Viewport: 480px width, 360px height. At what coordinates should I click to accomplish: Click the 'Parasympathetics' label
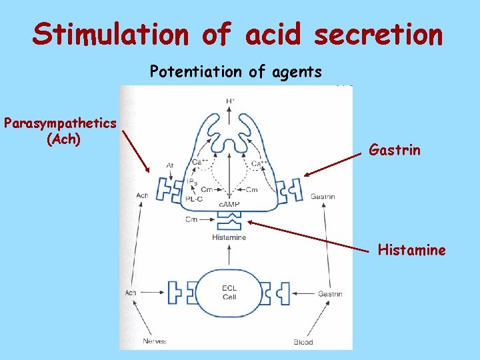[61, 123]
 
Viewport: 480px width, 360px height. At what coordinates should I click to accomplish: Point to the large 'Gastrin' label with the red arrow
[395, 149]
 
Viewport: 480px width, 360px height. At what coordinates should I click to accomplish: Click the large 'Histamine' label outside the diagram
[412, 250]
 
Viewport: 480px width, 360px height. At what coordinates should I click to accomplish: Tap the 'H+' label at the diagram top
[230, 101]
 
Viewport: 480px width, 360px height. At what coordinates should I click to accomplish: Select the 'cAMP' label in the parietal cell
[229, 205]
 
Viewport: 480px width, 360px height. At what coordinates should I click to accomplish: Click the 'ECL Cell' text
[229, 292]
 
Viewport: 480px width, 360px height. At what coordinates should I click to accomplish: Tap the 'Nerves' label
[155, 341]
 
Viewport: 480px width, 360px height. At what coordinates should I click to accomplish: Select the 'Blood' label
[303, 342]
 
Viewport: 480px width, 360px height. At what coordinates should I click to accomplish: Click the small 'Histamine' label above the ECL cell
[229, 237]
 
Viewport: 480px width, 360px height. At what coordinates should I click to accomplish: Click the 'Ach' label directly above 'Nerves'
[131, 293]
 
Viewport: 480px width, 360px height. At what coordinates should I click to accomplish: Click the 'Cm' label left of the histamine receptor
[192, 219]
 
